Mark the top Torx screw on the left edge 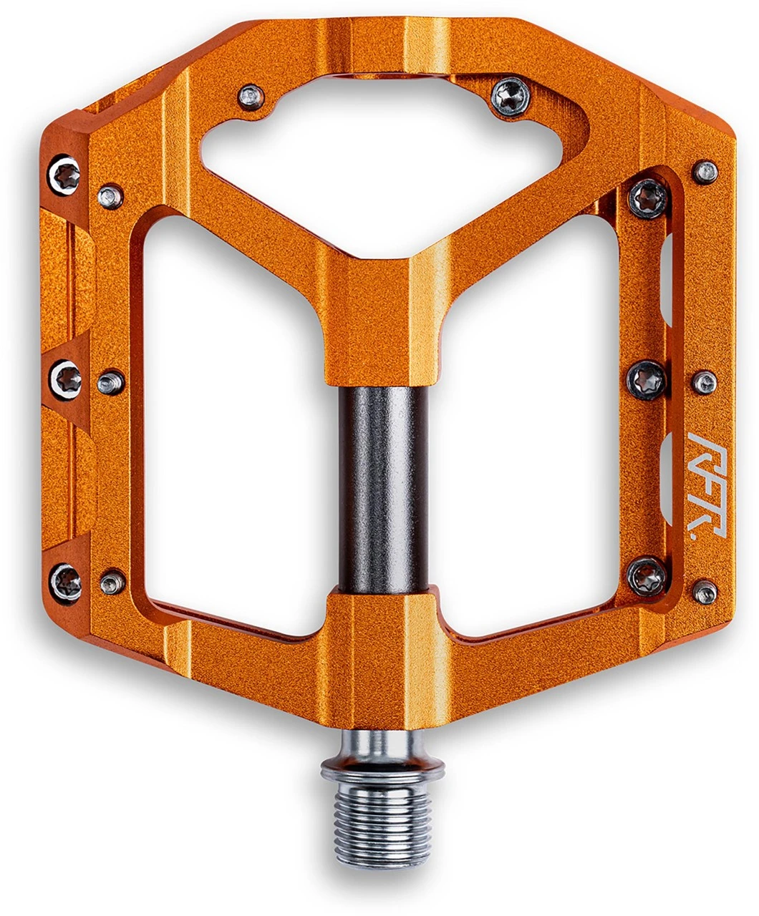(x=64, y=172)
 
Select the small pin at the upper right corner (x=706, y=172)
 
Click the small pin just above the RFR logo (x=705, y=382)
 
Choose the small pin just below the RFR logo (x=706, y=592)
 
